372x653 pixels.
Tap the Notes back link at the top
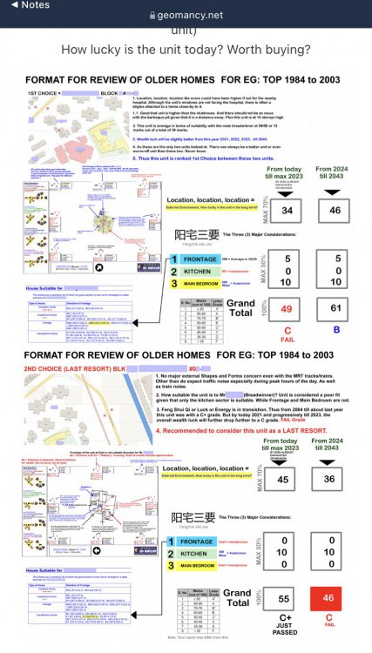coord(25,4)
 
